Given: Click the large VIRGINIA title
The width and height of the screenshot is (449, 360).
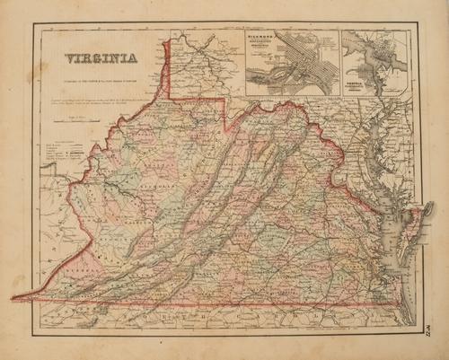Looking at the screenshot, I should click(x=100, y=60).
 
